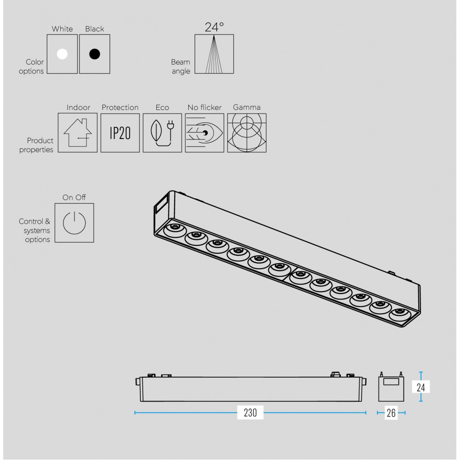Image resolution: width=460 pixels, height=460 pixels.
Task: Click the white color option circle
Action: [62, 54]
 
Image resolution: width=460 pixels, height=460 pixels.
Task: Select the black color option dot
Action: [94, 54]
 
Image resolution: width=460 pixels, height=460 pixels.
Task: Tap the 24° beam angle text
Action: [214, 27]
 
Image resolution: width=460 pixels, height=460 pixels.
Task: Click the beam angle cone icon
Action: [214, 54]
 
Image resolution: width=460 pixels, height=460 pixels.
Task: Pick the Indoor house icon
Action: [78, 133]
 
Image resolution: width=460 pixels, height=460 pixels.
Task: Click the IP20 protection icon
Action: [120, 133]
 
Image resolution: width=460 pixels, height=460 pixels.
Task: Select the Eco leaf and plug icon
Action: [162, 133]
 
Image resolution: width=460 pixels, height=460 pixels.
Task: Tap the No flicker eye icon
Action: [204, 133]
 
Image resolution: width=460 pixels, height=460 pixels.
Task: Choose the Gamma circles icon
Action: [247, 133]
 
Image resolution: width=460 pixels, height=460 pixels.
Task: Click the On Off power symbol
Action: [74, 223]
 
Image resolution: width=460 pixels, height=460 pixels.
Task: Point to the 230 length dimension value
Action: [250, 413]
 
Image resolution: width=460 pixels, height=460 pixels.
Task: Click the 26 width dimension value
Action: [391, 413]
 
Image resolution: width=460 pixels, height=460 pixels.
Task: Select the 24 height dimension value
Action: [420, 387]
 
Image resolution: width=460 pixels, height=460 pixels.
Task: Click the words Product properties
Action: [37, 145]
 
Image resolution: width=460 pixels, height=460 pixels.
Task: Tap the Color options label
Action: [32, 66]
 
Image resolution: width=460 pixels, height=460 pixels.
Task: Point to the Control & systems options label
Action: [35, 230]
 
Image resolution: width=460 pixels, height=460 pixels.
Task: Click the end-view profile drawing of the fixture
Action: [391, 389]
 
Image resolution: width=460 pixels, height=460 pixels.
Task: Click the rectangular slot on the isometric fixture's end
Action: [161, 204]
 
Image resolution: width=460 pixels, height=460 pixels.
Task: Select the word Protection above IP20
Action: [120, 107]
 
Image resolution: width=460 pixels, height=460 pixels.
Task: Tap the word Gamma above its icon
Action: [247, 107]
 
